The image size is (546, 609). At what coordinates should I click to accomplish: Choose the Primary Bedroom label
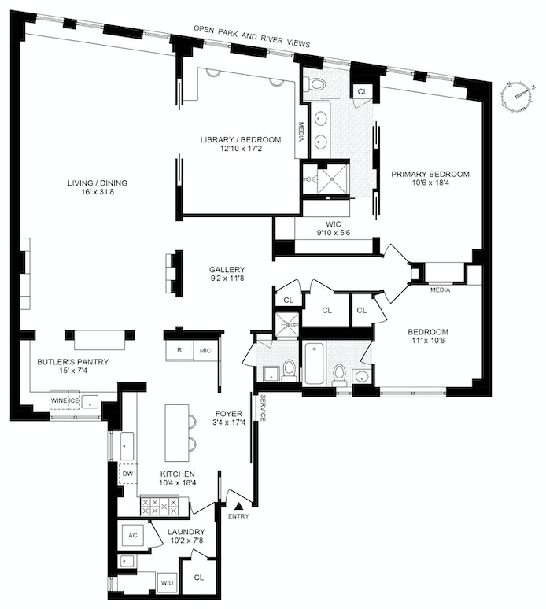tap(430, 179)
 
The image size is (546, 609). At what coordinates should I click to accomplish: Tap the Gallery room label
tap(227, 274)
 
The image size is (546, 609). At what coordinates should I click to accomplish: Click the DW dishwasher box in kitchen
tap(127, 474)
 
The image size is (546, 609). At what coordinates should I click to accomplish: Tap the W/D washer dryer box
tap(168, 583)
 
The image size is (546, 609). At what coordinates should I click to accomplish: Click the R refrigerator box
tap(179, 350)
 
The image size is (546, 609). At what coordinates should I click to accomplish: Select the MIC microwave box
tap(205, 350)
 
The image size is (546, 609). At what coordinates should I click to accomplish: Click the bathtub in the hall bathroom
tap(313, 363)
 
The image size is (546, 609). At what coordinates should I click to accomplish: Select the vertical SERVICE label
tap(263, 408)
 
